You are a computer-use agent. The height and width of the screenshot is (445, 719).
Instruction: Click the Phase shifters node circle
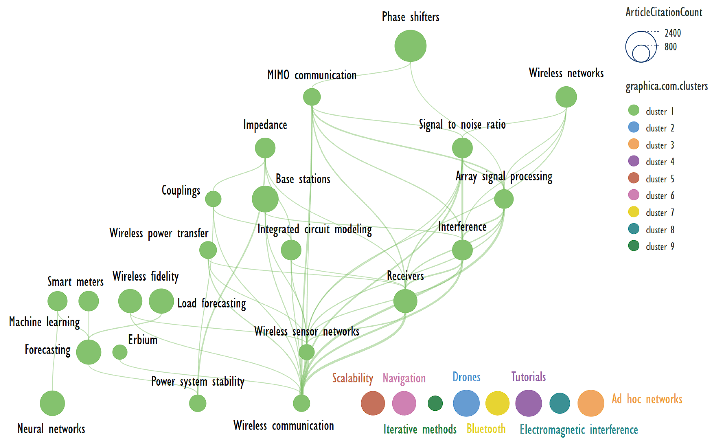[x=410, y=46]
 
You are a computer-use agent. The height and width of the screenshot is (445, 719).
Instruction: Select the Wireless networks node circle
[x=566, y=97]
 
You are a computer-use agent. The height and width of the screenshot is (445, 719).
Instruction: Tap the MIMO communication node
[x=312, y=97]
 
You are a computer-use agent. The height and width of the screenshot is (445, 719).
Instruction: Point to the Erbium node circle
[x=120, y=352]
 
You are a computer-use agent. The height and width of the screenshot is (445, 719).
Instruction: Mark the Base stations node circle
[x=265, y=199]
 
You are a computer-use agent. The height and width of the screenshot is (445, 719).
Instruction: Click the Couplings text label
[x=181, y=191]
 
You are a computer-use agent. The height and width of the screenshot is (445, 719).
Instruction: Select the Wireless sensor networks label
[x=307, y=331]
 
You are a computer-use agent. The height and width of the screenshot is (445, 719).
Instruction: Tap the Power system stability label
[x=198, y=381]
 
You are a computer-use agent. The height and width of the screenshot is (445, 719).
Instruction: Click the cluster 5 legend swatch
[x=633, y=178]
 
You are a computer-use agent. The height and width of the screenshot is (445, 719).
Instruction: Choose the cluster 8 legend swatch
[x=633, y=229]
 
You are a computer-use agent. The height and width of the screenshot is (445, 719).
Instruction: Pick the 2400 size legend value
[x=673, y=33]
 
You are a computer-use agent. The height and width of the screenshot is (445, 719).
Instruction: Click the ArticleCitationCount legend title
[x=664, y=12]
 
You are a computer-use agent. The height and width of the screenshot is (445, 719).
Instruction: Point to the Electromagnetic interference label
[x=578, y=430]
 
